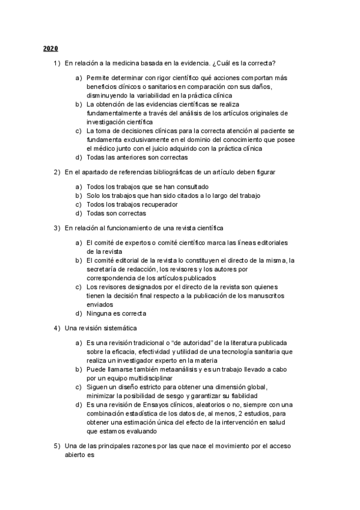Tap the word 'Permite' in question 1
98,78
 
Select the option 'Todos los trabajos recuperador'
132,204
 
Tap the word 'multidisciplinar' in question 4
148,378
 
